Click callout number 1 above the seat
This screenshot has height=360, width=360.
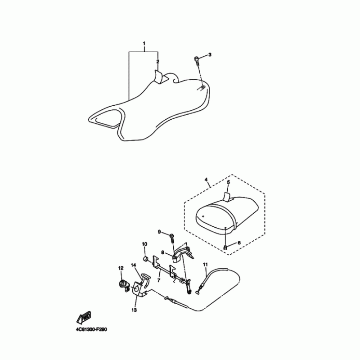(144, 44)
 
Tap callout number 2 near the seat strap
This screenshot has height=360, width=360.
(158, 61)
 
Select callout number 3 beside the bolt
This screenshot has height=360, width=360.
(210, 54)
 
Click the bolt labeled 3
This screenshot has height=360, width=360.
(198, 59)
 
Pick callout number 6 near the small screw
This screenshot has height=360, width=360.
(239, 243)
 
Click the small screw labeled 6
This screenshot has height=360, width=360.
(225, 247)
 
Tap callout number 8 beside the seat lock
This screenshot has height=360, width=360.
(163, 253)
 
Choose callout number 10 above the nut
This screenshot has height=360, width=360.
(144, 244)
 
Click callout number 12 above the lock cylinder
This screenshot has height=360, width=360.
(121, 268)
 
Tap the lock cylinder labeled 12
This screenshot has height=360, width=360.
(123, 284)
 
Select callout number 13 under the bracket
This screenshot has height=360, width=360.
(134, 310)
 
